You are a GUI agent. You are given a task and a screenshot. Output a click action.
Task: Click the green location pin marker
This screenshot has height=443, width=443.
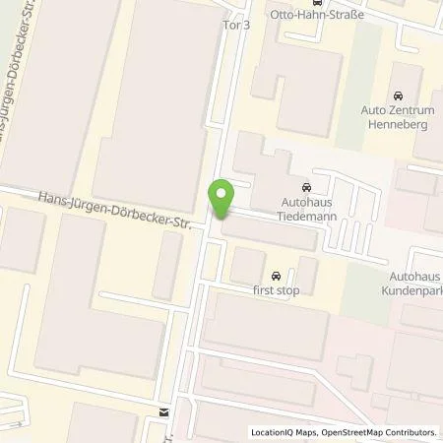coord(221,198)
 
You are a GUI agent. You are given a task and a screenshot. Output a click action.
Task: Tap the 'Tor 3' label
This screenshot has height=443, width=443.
coord(237,27)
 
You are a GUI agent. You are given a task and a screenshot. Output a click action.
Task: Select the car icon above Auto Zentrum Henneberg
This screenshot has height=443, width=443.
coord(398,95)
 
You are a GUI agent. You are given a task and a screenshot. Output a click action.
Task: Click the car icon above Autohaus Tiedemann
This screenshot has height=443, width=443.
coord(305,187)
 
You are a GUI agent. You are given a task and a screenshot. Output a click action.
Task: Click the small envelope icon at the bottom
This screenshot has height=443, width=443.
coord(164,412)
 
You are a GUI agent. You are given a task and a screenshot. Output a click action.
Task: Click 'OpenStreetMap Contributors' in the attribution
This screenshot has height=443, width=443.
coord(380,432)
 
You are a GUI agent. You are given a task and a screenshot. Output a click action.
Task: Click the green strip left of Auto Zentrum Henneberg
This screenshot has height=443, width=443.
coord(348,98)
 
